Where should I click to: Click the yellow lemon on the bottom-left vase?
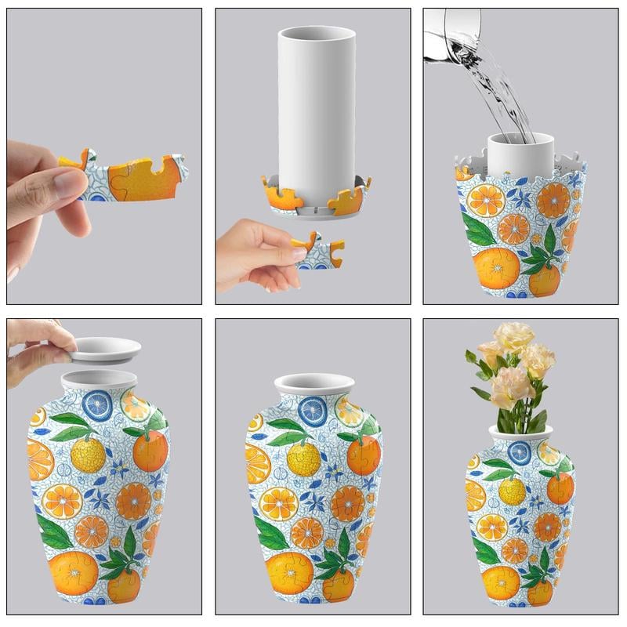tap(88, 454)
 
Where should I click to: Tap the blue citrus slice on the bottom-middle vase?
tap(311, 408)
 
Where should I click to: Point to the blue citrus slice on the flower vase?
tap(519, 452)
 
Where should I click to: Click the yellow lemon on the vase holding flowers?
tap(513, 491)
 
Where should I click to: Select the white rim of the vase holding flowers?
tap(520, 431)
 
